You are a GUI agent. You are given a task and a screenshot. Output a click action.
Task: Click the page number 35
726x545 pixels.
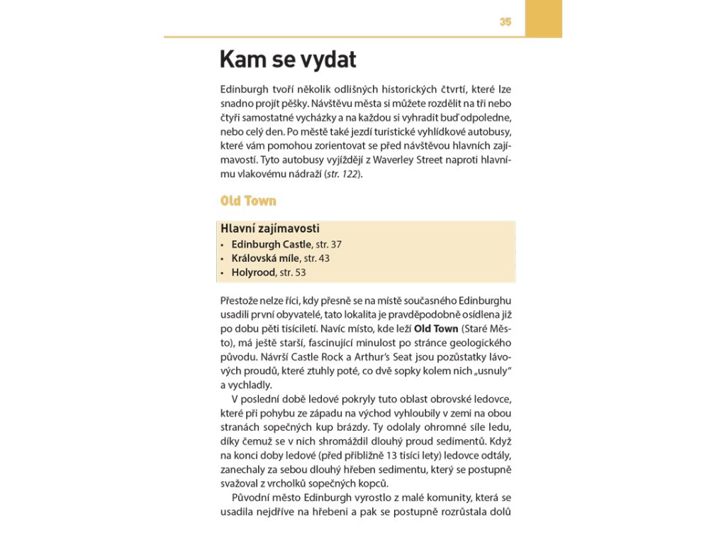pyautogui.click(x=505, y=22)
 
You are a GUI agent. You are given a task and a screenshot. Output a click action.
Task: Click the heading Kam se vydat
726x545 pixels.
pyautogui.click(x=288, y=60)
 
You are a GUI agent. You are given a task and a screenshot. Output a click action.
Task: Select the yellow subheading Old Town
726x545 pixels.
pyautogui.click(x=248, y=201)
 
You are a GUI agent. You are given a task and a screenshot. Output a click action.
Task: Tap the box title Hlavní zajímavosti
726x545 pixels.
pyautogui.click(x=270, y=229)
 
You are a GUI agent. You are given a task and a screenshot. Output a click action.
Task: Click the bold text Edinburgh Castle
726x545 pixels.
pyautogui.click(x=272, y=244)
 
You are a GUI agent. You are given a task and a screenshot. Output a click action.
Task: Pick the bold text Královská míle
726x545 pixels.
pyautogui.click(x=265, y=258)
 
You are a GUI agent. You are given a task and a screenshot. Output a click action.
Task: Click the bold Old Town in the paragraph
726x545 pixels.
pyautogui.click(x=436, y=329)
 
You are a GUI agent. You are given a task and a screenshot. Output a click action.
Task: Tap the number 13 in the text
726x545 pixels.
pyautogui.click(x=403, y=454)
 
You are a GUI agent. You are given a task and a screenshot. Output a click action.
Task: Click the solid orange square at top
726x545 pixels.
pyautogui.click(x=543, y=18)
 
